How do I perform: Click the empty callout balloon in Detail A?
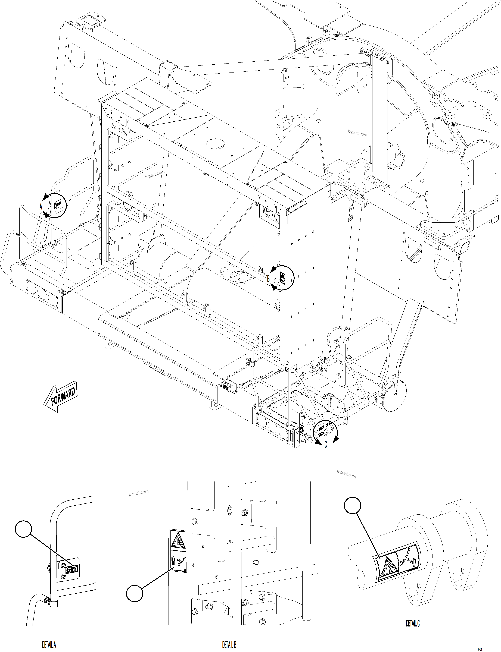click(23, 529)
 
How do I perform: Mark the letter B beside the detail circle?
click(268, 279)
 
